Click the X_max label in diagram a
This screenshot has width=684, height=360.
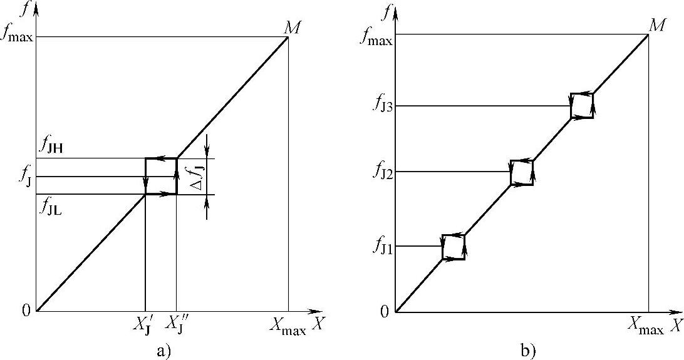click(x=288, y=326)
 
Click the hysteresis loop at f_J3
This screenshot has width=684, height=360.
click(x=582, y=106)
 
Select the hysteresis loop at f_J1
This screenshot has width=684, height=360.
click(x=453, y=247)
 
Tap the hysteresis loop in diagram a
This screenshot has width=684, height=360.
click(x=161, y=176)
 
